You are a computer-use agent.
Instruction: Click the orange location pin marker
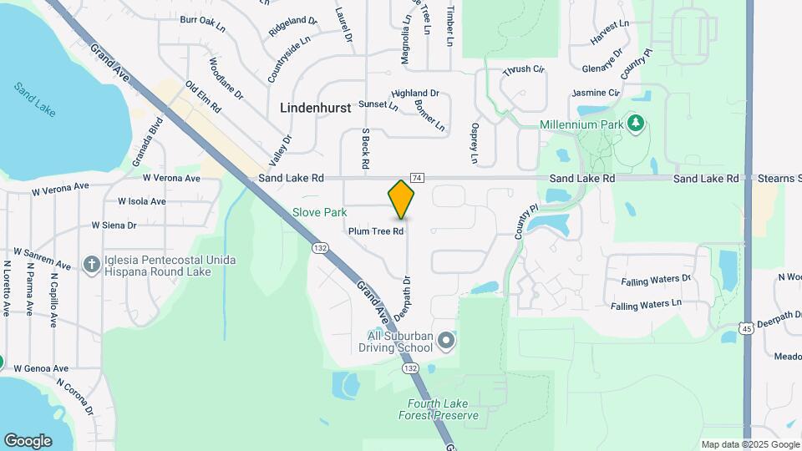(x=402, y=199)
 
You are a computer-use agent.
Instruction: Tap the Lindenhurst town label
(x=314, y=108)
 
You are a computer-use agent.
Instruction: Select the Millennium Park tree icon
(x=637, y=124)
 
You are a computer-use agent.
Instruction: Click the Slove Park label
(x=319, y=212)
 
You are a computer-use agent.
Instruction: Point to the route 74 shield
(x=418, y=178)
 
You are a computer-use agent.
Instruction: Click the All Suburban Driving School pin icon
(x=446, y=340)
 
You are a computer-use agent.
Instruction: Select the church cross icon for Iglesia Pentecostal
(x=92, y=265)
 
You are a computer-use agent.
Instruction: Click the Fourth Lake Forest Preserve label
(x=439, y=409)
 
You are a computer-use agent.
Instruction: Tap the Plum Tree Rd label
(x=377, y=231)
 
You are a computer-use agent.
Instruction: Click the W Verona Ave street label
(x=171, y=178)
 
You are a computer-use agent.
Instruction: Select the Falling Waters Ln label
(x=646, y=306)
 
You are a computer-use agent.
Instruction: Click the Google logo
(x=28, y=440)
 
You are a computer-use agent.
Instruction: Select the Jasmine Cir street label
(x=596, y=93)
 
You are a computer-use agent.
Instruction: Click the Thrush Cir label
(x=524, y=70)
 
